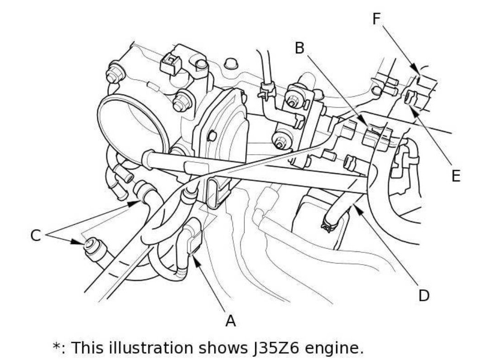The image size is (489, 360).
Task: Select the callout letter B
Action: (299, 48)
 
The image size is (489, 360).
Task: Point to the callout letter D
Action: (423, 296)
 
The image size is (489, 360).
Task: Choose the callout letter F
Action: (376, 19)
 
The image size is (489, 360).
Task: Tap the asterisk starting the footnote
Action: (57, 346)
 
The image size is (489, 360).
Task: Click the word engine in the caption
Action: (340, 348)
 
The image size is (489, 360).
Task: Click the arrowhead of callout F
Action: (418, 69)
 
